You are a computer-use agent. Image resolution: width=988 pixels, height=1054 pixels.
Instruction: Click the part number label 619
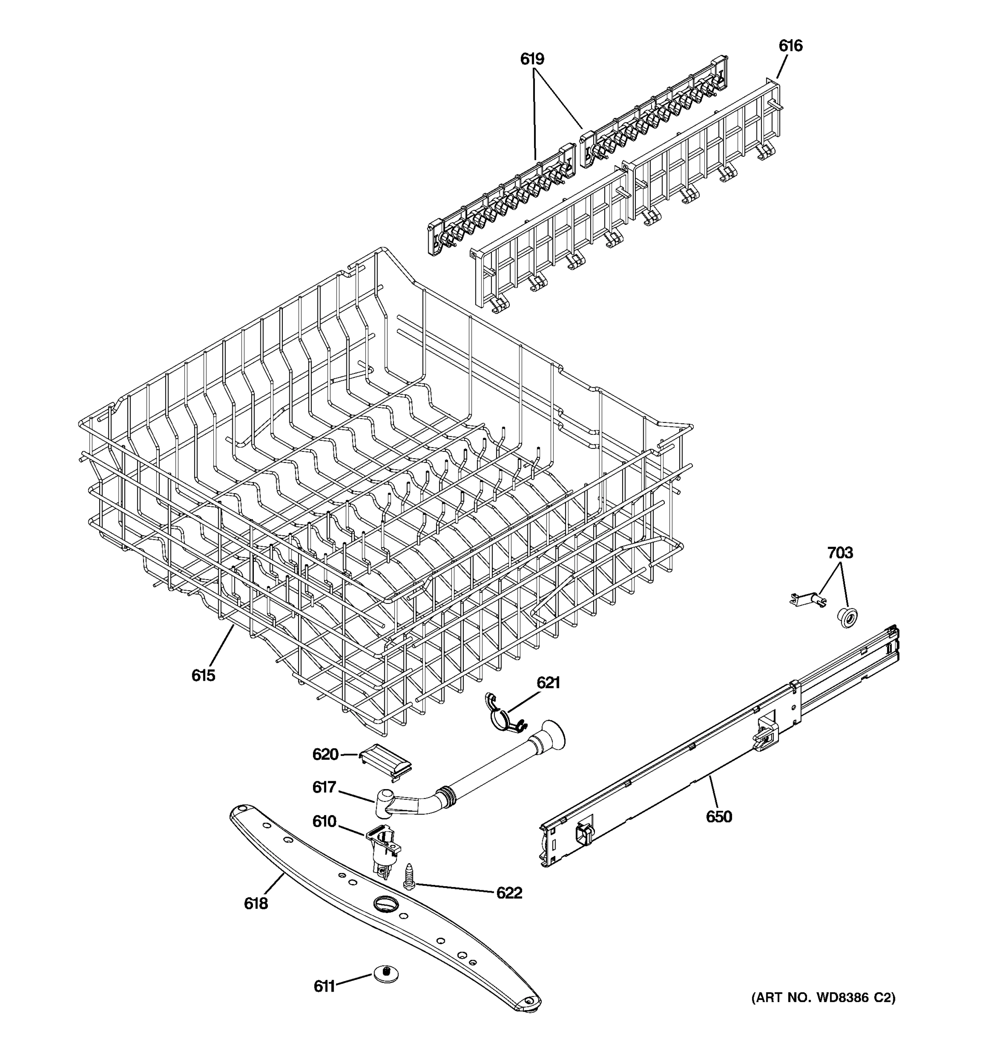click(x=532, y=59)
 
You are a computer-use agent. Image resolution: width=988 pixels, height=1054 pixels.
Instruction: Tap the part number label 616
click(x=790, y=46)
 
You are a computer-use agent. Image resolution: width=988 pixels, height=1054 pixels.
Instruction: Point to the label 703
click(x=840, y=553)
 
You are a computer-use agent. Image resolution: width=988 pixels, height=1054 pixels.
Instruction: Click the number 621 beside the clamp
click(x=548, y=683)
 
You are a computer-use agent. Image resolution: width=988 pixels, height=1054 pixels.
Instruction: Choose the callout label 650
click(x=719, y=816)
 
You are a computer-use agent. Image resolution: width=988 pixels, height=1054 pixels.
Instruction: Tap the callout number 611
click(x=325, y=986)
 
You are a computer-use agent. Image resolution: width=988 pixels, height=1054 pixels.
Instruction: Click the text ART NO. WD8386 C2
click(x=822, y=998)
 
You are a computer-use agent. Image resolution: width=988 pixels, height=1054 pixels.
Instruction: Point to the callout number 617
click(x=325, y=787)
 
